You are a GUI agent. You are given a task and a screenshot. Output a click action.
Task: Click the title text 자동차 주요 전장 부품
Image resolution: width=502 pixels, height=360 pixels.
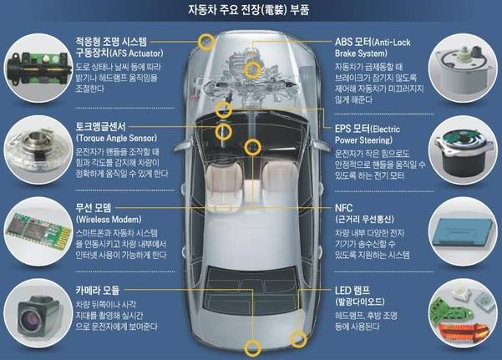[249, 10]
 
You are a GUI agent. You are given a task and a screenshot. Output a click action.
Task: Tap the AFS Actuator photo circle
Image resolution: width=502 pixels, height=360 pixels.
[38, 68]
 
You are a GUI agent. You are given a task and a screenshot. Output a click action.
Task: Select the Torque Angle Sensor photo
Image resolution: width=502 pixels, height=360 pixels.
[38, 150]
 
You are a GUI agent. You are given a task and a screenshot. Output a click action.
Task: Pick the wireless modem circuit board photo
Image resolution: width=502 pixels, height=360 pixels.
[38, 231]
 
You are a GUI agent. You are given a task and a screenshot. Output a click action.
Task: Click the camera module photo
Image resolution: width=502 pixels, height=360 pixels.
[38, 313]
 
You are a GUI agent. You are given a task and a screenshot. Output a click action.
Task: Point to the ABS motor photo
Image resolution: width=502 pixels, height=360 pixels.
[464, 68]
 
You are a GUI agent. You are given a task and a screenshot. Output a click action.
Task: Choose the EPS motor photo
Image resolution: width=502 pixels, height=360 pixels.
[464, 150]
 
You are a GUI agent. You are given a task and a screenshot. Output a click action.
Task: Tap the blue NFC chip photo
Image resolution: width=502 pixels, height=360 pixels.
[464, 231]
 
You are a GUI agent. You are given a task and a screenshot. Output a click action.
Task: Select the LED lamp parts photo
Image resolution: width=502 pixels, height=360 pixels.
[464, 313]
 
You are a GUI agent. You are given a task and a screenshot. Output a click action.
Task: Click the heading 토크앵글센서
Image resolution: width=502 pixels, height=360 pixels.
[101, 126]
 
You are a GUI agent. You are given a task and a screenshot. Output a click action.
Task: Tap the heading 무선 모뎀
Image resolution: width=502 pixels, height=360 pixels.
[94, 208]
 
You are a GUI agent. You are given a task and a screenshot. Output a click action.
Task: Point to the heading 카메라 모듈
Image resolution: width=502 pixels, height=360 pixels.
[98, 290]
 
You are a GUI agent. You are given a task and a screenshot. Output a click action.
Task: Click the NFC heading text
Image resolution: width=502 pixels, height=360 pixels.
[343, 208]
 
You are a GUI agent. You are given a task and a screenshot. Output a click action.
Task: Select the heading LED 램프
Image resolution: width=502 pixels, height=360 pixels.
[352, 291]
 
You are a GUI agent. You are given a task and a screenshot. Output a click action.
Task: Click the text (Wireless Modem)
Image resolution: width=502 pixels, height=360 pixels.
[109, 220]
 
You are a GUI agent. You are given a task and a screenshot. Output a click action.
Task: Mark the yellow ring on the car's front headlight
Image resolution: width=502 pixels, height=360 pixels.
[206, 42]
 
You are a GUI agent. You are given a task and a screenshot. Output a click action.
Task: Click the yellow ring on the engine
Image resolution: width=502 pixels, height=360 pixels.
[252, 69]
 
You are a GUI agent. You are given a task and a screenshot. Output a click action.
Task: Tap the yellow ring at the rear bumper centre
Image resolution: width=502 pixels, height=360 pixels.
[252, 348]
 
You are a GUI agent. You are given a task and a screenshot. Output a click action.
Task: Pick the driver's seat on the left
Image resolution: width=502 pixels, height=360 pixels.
[224, 187]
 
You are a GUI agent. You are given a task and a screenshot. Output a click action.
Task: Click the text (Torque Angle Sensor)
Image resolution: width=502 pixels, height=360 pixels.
[117, 138]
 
